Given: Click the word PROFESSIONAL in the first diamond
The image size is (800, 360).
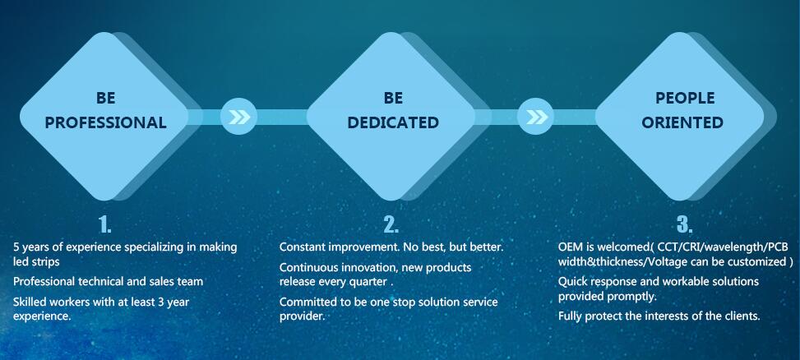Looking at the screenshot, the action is tap(105, 122).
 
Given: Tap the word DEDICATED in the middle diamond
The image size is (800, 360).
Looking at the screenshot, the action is tap(393, 122).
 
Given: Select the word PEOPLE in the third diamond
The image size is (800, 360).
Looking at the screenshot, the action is tap(685, 98).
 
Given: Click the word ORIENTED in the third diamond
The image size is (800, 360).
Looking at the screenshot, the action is tap(682, 122).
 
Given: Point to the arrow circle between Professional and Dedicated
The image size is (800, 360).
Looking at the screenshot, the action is tap(238, 117).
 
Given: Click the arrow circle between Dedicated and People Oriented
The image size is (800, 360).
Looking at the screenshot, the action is tap(535, 117).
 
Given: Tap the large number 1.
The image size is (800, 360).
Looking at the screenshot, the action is tap(104, 224).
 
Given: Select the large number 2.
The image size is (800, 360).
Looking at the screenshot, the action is tap(391, 224).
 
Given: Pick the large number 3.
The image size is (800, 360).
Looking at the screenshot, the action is tap(685, 224).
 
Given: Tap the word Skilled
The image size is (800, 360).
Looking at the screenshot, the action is tap(29, 302).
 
